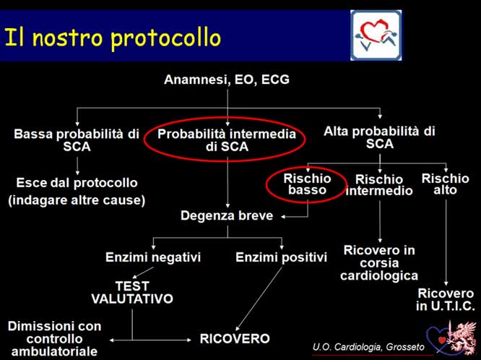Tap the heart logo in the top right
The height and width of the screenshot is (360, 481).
pos(376,35)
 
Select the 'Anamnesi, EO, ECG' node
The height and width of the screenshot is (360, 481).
pos(227,80)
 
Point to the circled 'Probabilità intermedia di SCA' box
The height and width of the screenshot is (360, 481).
pos(227,140)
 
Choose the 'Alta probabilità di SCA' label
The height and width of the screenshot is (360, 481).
pos(379,137)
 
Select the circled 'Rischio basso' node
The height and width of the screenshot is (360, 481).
pos(308,184)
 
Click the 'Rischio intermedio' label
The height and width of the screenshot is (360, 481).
pos(380,185)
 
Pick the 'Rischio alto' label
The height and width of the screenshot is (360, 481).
pos(445,184)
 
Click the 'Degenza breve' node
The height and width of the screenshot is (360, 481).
pos(227,215)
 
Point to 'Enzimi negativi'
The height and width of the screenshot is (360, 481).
pos(153,257)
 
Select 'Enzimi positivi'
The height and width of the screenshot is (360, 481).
pos(282,257)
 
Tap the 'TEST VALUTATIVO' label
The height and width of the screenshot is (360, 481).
pos(132,292)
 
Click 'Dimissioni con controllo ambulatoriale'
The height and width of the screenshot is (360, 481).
pos(55,338)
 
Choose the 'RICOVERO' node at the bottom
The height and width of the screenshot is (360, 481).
pos(235,338)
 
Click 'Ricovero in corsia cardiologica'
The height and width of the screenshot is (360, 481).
pos(380,263)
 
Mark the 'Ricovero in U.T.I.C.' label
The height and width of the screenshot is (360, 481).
pos(446,300)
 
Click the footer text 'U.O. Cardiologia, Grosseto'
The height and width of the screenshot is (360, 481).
pos(360,348)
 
